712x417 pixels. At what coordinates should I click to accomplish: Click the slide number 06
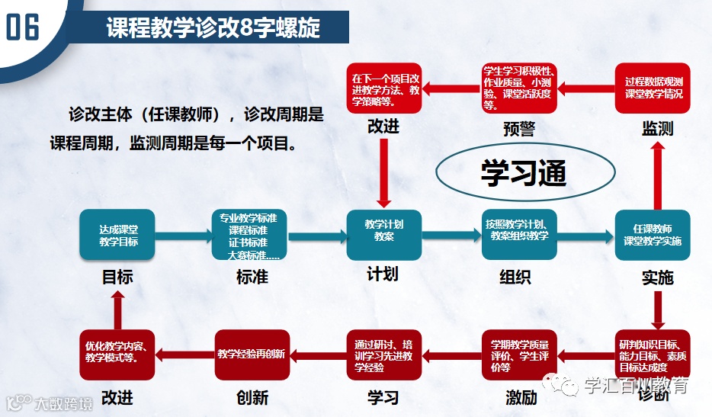[22, 28]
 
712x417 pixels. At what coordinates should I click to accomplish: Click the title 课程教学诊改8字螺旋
[213, 29]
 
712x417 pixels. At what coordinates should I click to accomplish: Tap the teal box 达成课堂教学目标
[117, 236]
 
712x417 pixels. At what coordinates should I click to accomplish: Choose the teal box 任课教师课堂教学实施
[653, 236]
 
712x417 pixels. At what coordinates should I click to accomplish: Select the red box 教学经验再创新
[251, 354]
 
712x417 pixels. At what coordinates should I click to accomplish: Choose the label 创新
[252, 397]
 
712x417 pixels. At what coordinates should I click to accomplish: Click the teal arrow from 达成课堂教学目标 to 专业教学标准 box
[183, 236]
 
